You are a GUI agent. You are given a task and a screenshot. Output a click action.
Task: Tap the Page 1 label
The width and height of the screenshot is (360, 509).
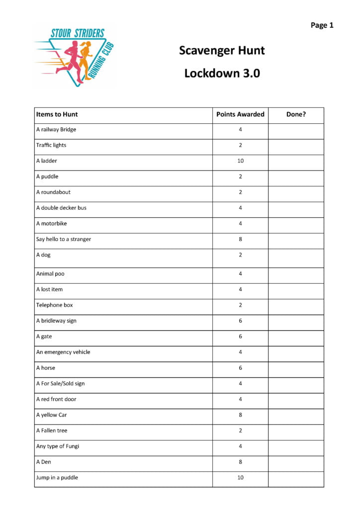tap(322, 25)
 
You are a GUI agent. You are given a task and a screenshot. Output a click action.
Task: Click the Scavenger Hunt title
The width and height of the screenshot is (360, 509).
tap(222, 50)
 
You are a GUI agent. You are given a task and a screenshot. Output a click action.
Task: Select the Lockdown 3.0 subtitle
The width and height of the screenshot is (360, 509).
tap(222, 73)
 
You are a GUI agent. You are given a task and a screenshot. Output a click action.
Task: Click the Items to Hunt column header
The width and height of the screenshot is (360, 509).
tap(57, 114)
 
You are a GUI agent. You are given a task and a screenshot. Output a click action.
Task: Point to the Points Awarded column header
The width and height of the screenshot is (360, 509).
tap(240, 114)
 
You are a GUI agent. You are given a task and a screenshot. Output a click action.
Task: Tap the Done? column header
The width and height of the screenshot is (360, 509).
tap(296, 114)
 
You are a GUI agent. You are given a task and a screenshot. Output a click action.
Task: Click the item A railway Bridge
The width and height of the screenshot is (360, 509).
tap(56, 130)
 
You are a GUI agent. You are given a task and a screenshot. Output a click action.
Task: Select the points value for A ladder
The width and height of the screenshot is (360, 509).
tap(240, 161)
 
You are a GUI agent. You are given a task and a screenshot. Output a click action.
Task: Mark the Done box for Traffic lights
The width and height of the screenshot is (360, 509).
tap(296, 146)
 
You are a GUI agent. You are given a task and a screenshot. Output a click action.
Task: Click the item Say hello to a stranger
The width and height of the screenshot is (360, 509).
tap(63, 239)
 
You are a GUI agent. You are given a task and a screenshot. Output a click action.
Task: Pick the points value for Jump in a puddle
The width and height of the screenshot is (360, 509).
tap(240, 478)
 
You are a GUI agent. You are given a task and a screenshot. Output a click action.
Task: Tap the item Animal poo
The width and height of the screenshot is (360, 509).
tap(50, 274)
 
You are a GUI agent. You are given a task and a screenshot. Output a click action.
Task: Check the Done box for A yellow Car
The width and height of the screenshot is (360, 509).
tap(296, 415)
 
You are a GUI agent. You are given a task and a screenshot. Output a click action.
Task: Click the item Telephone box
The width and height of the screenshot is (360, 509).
tap(54, 305)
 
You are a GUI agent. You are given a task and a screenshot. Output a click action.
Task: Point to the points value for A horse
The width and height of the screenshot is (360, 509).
tap(240, 368)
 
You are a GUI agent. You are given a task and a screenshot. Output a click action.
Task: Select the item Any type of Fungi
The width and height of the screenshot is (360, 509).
tap(57, 446)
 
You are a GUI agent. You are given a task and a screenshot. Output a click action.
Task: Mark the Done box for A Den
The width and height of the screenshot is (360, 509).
tap(296, 462)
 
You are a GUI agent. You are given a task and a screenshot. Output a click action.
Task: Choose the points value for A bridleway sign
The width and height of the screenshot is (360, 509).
tap(240, 321)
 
